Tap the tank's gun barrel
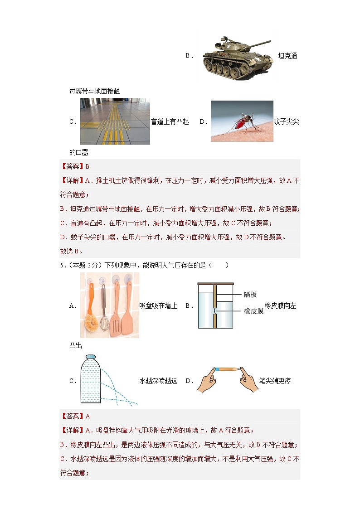click(x=258, y=44)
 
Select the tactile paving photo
click(x=115, y=121)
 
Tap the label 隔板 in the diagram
click(x=250, y=295)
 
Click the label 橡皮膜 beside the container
click(x=253, y=311)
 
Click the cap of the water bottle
click(x=91, y=357)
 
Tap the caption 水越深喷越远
click(x=158, y=381)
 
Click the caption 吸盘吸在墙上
click(x=158, y=306)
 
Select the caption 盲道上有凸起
click(x=170, y=121)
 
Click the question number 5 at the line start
click(x=61, y=265)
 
